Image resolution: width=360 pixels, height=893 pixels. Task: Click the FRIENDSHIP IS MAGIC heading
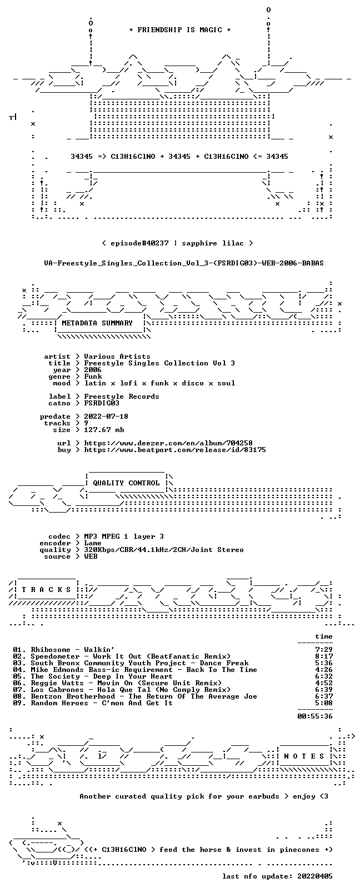[x=180, y=30]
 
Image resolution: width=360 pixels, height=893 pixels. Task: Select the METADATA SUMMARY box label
[x=97, y=323]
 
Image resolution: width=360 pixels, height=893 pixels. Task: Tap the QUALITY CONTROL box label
[x=126, y=483]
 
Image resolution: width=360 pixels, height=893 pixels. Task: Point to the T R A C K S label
[x=46, y=590]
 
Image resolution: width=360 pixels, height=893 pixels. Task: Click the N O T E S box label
[x=304, y=756]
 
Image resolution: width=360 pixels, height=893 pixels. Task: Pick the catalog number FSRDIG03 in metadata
[x=102, y=403]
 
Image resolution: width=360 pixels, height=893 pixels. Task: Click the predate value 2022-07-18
[x=106, y=416]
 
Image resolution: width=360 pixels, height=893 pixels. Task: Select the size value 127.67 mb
[x=104, y=430]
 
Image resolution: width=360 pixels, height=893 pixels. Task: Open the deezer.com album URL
[x=168, y=443]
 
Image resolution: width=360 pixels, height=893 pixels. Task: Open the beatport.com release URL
[x=174, y=450]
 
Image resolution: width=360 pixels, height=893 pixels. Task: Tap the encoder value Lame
[x=92, y=543]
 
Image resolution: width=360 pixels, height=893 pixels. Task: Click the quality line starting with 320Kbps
[x=163, y=550]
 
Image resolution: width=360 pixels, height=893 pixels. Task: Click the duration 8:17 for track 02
[x=324, y=656]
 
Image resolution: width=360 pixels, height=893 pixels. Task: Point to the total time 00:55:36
[x=315, y=716]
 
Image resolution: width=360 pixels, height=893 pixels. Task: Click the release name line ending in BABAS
[x=184, y=263]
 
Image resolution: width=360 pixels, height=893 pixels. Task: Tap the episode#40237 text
[x=139, y=243]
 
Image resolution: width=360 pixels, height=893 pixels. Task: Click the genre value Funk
[x=93, y=377]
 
